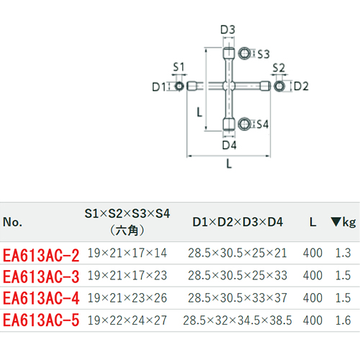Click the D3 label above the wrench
click(x=228, y=30)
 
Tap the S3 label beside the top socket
click(x=264, y=54)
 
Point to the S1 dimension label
click(x=179, y=67)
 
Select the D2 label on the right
click(x=301, y=86)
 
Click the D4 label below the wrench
click(x=229, y=145)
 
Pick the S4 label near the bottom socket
click(x=263, y=125)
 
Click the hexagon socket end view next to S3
click(x=245, y=53)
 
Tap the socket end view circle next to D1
click(x=179, y=86)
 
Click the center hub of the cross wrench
click(x=229, y=86)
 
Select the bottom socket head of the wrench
click(x=229, y=124)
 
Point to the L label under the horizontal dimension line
click(x=229, y=164)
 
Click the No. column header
click(x=12, y=222)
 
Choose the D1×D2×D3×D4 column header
click(x=238, y=222)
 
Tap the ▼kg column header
click(x=343, y=222)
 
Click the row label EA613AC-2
click(x=41, y=255)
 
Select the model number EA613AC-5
click(x=41, y=320)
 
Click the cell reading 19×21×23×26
click(x=127, y=298)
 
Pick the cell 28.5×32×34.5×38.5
click(x=238, y=320)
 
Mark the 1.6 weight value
click(x=343, y=320)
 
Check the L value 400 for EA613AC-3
click(x=312, y=275)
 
